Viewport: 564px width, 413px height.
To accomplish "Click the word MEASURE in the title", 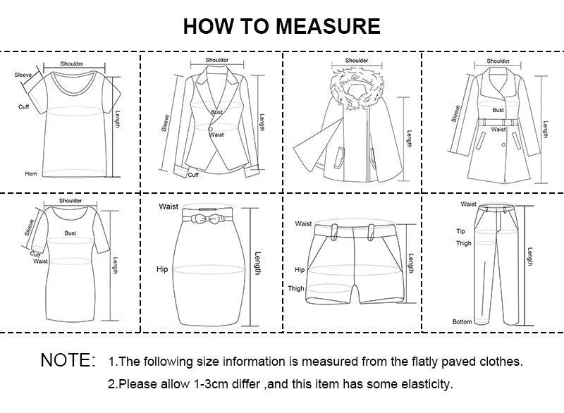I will [328, 26].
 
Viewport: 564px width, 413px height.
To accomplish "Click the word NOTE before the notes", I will [67, 360].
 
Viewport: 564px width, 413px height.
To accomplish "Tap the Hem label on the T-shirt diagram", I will [31, 173].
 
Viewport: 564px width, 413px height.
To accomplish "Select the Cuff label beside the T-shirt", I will [24, 106].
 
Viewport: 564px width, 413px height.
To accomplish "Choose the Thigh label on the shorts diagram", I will [296, 288].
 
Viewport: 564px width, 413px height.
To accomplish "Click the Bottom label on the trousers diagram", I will [462, 321].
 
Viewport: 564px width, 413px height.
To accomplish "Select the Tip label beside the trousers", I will [460, 231].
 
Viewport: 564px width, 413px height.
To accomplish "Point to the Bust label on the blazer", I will [216, 113].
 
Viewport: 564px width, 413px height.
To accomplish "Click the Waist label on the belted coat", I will [498, 129].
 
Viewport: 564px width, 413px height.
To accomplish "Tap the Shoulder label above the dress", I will [70, 201].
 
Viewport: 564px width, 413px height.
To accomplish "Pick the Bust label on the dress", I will [70, 232].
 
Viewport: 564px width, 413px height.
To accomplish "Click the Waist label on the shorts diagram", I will [303, 223].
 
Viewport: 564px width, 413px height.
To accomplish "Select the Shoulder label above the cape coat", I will [357, 61].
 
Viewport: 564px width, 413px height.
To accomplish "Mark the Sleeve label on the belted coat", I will [456, 113].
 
